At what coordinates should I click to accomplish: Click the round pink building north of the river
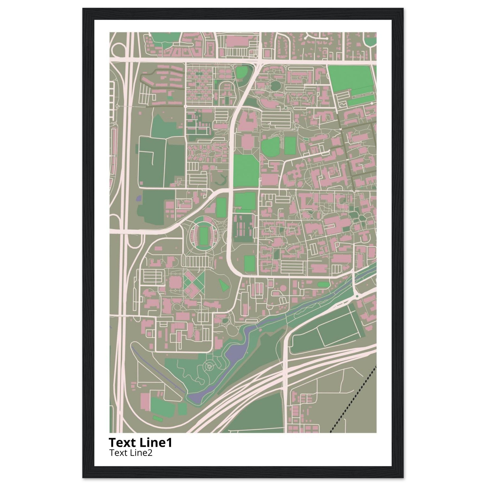pyautogui.click(x=283, y=287)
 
